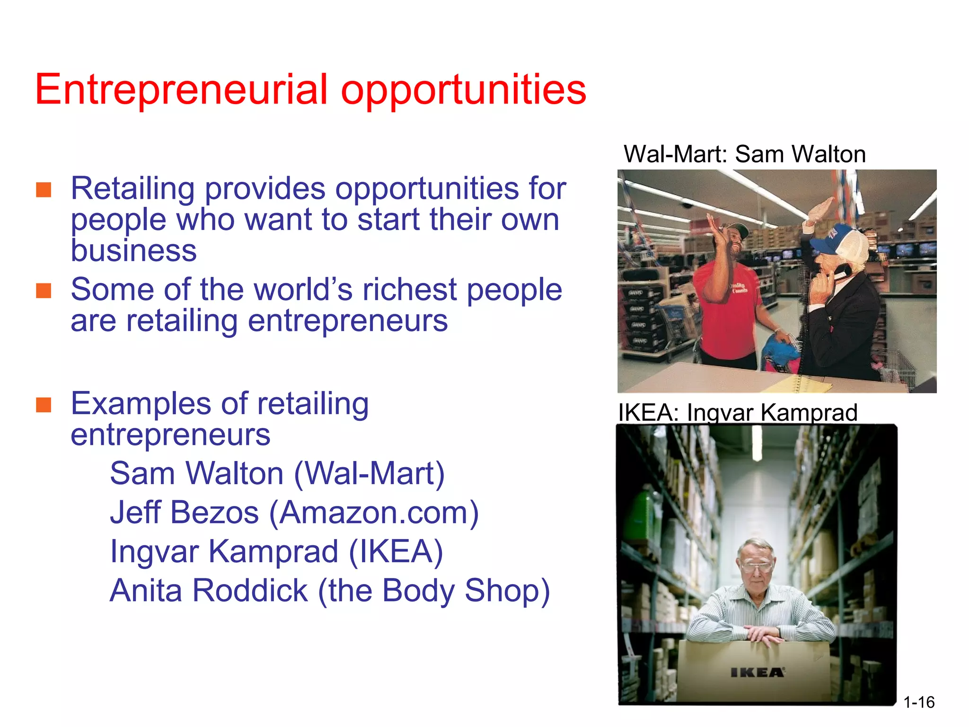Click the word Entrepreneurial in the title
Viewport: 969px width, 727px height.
pyautogui.click(x=181, y=90)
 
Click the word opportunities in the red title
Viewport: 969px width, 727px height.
pyautogui.click(x=463, y=91)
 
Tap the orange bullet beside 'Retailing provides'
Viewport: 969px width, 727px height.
pyautogui.click(x=44, y=190)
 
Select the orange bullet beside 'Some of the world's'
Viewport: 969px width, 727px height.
pyautogui.click(x=44, y=291)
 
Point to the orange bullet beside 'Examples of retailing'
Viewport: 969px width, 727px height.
pyautogui.click(x=44, y=405)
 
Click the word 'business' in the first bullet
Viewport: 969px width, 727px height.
pyautogui.click(x=133, y=250)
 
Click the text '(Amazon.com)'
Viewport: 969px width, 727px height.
pyautogui.click(x=374, y=513)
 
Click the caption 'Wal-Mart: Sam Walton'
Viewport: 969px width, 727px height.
pyautogui.click(x=744, y=154)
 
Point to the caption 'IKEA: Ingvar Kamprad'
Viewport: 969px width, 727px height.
pyautogui.click(x=738, y=412)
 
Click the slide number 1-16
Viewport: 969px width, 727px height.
pyautogui.click(x=919, y=702)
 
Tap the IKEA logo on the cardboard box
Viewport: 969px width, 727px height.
pyautogui.click(x=758, y=672)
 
